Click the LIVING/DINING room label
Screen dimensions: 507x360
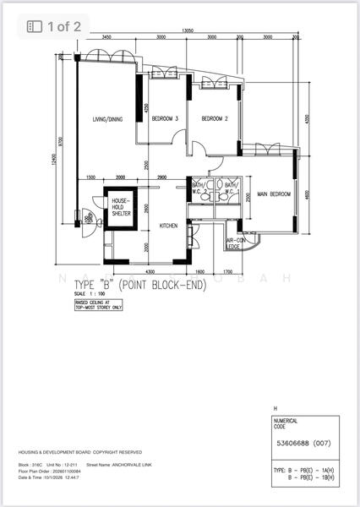107,120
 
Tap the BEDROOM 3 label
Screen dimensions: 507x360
165,120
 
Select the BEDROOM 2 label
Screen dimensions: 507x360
215,120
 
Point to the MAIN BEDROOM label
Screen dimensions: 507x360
274,194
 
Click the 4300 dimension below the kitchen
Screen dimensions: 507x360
150,271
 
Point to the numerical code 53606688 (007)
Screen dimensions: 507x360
300,443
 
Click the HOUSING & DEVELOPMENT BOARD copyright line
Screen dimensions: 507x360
80,453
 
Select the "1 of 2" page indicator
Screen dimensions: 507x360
55,26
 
